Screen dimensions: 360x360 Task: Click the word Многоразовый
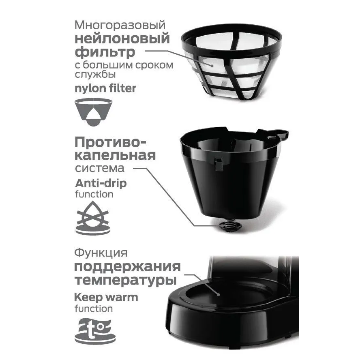(x=120, y=25)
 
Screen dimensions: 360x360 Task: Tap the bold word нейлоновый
(x=122, y=39)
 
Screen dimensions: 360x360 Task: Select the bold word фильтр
(x=105, y=52)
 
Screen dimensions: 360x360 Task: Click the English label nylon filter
(x=105, y=88)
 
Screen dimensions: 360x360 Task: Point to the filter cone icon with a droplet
(x=93, y=112)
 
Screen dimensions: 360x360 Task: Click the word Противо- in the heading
(x=110, y=142)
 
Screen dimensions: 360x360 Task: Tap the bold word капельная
(x=115, y=155)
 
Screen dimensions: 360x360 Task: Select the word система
(x=100, y=168)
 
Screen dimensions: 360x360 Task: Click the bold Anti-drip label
(x=101, y=183)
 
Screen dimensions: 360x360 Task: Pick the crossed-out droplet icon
(x=93, y=218)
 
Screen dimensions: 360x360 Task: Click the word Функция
(x=101, y=253)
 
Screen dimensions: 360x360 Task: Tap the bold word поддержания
(x=127, y=267)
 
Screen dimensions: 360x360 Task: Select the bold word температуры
(x=126, y=281)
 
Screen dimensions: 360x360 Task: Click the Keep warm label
(x=106, y=297)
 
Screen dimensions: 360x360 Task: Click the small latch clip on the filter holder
(x=219, y=164)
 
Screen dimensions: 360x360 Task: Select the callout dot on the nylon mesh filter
(x=212, y=66)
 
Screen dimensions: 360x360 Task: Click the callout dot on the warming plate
(x=219, y=295)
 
